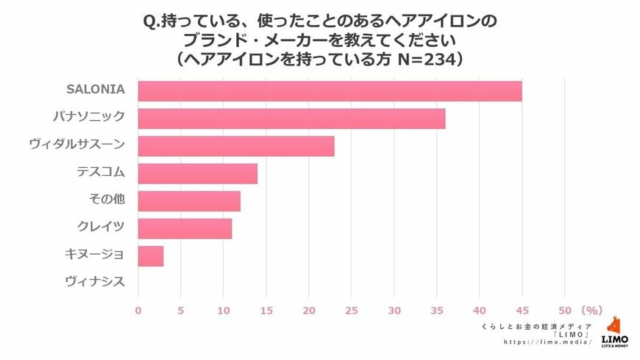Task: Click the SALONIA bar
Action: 330,91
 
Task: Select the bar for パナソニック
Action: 291,119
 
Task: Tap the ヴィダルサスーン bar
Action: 236,146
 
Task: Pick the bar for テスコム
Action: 197,174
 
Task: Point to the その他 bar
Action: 189,201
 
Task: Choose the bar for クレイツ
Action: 185,228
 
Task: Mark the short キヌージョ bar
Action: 151,255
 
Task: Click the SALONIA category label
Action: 95,90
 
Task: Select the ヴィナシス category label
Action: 95,281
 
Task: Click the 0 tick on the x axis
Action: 138,309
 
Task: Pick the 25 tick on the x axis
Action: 352,309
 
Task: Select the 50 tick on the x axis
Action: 566,309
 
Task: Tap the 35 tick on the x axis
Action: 438,309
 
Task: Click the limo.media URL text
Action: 548,342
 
